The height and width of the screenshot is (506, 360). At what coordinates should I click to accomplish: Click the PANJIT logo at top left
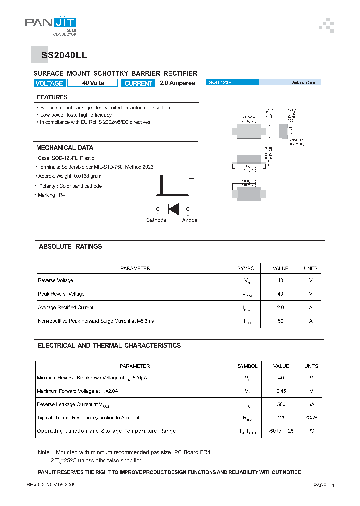51,24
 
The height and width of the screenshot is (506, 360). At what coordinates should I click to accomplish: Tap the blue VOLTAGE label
49,83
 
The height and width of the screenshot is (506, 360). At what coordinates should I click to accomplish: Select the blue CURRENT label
138,83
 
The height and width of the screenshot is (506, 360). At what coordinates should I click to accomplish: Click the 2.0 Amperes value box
177,83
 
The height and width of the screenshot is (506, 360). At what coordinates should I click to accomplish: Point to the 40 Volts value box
93,83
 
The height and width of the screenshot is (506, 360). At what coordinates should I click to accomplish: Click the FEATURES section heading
52,97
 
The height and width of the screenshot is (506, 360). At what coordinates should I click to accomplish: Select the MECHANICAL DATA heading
65,148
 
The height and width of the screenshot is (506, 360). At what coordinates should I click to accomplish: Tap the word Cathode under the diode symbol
156,220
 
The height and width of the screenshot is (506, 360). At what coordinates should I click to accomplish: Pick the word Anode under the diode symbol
189,220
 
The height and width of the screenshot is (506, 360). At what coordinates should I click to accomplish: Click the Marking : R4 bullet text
51,195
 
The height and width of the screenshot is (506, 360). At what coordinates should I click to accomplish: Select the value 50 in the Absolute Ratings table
280,321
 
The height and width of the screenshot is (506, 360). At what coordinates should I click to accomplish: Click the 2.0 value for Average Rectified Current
280,308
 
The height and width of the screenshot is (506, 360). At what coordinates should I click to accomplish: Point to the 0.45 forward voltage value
281,391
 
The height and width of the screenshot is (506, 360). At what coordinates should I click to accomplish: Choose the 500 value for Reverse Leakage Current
281,404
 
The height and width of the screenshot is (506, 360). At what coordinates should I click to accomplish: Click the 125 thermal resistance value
281,418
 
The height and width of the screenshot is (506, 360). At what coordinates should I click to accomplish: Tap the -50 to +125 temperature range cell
281,431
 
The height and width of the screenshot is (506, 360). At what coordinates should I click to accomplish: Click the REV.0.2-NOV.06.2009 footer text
51,485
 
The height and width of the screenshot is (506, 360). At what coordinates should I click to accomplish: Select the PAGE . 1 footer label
324,486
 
